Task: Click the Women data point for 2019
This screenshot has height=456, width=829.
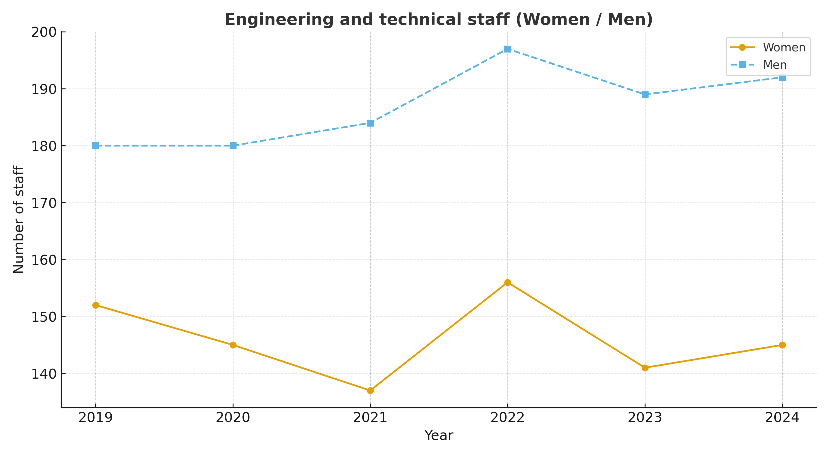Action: point(96,305)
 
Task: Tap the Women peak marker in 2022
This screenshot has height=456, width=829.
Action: point(508,282)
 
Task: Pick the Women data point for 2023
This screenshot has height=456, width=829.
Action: point(645,368)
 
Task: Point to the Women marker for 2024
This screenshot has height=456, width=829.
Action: point(782,345)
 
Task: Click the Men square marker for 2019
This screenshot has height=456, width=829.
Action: point(96,146)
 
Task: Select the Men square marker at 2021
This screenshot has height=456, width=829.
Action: point(370,123)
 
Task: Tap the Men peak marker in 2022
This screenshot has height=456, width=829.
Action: point(508,49)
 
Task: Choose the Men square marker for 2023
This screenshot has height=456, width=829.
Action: point(645,95)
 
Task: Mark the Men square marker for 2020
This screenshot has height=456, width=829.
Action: point(233,146)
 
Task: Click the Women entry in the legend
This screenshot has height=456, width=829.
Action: point(784,48)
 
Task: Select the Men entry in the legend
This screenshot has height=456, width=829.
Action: point(775,65)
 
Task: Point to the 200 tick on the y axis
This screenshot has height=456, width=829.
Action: point(43,32)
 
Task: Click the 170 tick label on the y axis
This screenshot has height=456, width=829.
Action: point(43,203)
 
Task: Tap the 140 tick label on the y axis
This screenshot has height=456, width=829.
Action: point(43,374)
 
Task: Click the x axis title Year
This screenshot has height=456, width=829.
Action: point(439,435)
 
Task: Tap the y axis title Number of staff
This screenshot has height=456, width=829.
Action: point(19,219)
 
